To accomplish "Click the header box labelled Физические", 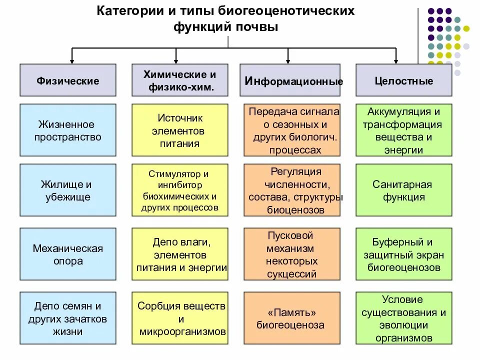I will click(x=68, y=80).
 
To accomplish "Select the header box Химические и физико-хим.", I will click(x=179, y=80).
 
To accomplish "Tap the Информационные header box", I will click(x=290, y=80).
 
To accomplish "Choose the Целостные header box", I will click(x=403, y=80).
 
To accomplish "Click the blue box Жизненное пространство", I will click(x=68, y=130).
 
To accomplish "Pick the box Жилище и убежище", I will click(x=68, y=190).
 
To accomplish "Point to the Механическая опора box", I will click(x=68, y=254).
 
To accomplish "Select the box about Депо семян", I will click(x=68, y=318).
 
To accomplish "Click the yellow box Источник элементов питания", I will click(x=179, y=130).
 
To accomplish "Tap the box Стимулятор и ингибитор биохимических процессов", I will click(x=179, y=190).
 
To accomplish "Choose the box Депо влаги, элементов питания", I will click(x=179, y=254).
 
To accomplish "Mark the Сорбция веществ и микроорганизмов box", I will click(x=179, y=318).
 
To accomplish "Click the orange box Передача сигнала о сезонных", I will click(x=292, y=130).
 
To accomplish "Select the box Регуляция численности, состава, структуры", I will click(x=292, y=190).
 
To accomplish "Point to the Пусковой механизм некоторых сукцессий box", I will click(x=292, y=254).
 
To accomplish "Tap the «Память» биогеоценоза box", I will click(x=292, y=318).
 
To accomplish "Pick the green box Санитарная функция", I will click(x=403, y=190).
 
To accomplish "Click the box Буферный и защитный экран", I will click(x=403, y=254).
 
